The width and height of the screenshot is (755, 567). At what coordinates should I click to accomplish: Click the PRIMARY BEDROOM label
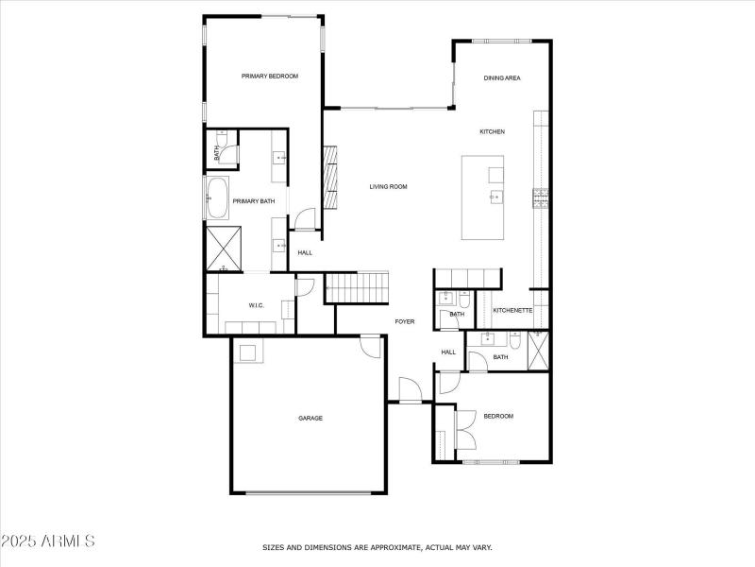tap(270, 77)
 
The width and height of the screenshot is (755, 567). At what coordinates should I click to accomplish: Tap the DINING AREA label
tap(502, 78)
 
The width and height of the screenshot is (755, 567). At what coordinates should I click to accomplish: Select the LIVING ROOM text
tap(388, 187)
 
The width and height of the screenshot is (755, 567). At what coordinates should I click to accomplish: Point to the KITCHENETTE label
tap(513, 311)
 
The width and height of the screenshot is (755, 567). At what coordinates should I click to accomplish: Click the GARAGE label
tap(310, 418)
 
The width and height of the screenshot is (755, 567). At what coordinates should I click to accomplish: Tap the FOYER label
tap(404, 322)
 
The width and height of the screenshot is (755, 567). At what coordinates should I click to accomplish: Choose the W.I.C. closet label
tap(256, 305)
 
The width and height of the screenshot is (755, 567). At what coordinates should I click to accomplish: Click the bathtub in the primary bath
tap(216, 199)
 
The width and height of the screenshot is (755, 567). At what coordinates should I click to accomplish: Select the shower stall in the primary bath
tap(225, 248)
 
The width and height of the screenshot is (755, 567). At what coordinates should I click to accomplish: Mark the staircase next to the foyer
tap(357, 287)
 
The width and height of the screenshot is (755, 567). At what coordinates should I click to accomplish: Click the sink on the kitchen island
tap(495, 197)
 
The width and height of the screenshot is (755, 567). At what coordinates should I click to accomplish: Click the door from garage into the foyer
tap(372, 347)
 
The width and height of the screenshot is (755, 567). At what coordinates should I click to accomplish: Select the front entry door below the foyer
tap(409, 390)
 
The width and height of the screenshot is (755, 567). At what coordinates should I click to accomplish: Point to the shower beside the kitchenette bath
tap(539, 351)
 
